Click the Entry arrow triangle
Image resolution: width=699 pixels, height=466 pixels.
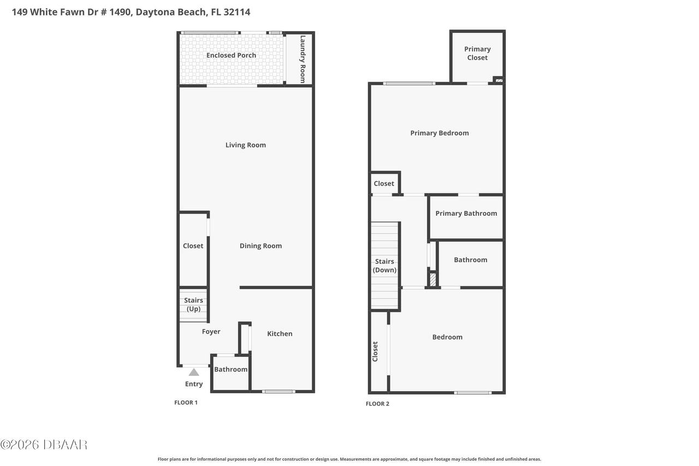(x=194, y=372)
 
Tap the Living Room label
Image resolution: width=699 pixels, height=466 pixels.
(x=246, y=145)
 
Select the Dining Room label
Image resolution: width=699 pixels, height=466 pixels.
(x=260, y=246)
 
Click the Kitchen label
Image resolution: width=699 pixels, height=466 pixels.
(x=280, y=334)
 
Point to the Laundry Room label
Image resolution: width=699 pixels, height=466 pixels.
(x=303, y=59)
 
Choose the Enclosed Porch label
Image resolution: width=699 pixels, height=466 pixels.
(x=231, y=55)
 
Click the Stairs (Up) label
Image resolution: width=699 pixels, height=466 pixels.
(x=193, y=304)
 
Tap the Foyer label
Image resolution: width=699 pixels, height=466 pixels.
(x=211, y=332)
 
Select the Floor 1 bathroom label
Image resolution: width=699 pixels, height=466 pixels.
(x=230, y=369)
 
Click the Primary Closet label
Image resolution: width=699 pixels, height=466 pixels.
(x=477, y=53)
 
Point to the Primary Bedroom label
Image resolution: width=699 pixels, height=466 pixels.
(x=440, y=133)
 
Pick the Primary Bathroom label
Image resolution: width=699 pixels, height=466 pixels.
(x=466, y=214)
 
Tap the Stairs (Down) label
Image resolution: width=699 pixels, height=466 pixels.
(x=384, y=266)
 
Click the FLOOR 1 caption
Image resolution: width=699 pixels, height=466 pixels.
(x=186, y=403)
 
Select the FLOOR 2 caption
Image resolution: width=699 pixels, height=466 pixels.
(x=377, y=404)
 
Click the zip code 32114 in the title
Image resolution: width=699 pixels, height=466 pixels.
(x=235, y=12)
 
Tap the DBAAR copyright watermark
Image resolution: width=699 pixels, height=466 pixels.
(x=44, y=445)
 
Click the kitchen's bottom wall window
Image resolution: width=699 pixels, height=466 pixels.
(x=279, y=391)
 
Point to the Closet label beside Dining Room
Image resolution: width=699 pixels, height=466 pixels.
(x=193, y=246)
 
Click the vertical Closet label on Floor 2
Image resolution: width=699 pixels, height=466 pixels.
(x=375, y=351)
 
